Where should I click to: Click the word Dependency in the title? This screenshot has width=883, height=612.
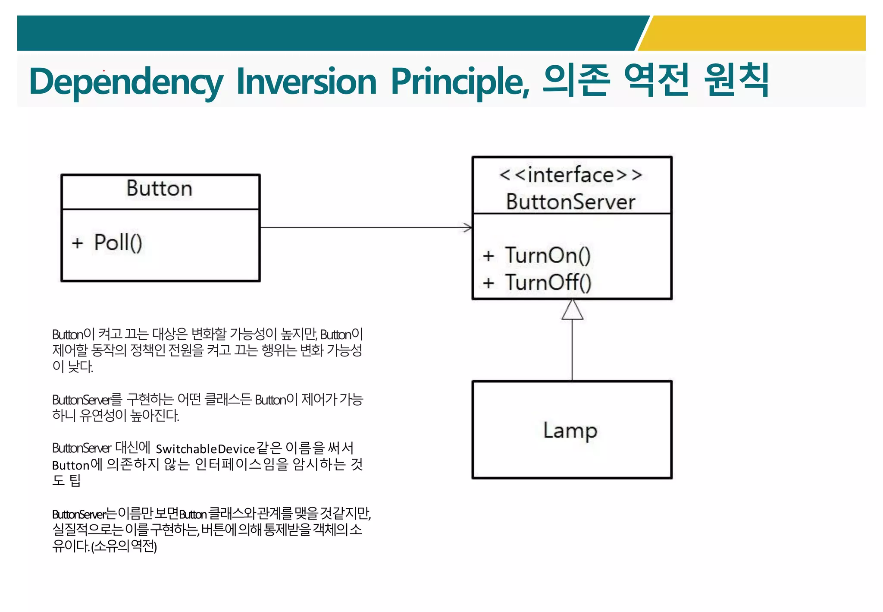126,82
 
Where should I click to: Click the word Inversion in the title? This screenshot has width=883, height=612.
307,82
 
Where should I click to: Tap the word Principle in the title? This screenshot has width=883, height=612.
460,82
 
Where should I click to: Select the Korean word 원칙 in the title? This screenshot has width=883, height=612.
736,80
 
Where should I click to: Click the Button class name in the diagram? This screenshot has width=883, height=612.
160,189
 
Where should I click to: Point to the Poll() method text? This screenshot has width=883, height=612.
118,243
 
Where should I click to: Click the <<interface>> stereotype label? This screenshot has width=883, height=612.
571,175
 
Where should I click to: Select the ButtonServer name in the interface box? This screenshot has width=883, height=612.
571,202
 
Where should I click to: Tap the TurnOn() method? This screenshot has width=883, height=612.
548,255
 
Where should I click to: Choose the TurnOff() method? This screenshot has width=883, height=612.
548,283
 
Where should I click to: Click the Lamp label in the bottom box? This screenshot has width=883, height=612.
570,430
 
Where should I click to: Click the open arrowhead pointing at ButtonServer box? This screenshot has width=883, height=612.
468,227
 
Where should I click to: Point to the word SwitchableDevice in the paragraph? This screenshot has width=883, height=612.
205,449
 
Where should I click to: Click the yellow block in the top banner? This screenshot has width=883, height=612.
759,33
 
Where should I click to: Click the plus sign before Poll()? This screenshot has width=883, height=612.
77,243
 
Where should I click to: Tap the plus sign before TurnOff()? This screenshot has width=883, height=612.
488,283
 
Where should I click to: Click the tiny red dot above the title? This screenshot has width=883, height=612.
104,70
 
